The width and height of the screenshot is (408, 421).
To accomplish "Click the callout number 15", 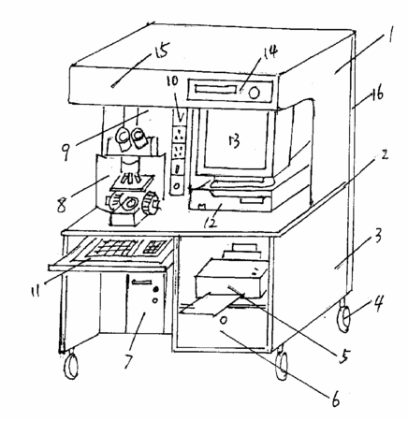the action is [x=161, y=51].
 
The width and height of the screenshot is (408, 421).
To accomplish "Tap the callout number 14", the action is [x=269, y=51].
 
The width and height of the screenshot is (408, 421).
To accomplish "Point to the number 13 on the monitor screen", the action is [x=234, y=140].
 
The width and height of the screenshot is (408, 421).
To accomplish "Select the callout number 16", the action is [x=377, y=94].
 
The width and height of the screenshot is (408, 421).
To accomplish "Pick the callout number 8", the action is [x=62, y=204].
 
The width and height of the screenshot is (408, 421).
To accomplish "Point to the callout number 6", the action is [x=335, y=399].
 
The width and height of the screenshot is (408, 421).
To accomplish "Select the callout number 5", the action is [x=343, y=356].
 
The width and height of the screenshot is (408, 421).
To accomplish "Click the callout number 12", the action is [x=210, y=222].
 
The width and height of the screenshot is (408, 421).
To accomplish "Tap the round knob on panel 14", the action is [x=255, y=93].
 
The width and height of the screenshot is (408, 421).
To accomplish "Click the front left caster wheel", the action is [x=71, y=367].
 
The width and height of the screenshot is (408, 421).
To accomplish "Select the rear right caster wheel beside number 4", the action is [x=344, y=319].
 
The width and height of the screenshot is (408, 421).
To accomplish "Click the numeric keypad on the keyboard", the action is [x=155, y=247].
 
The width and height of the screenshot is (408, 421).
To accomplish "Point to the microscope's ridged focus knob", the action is [x=151, y=203].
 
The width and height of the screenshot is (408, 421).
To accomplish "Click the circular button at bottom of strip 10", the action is [x=176, y=186].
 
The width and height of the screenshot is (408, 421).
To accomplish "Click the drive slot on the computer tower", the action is [x=142, y=283].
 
